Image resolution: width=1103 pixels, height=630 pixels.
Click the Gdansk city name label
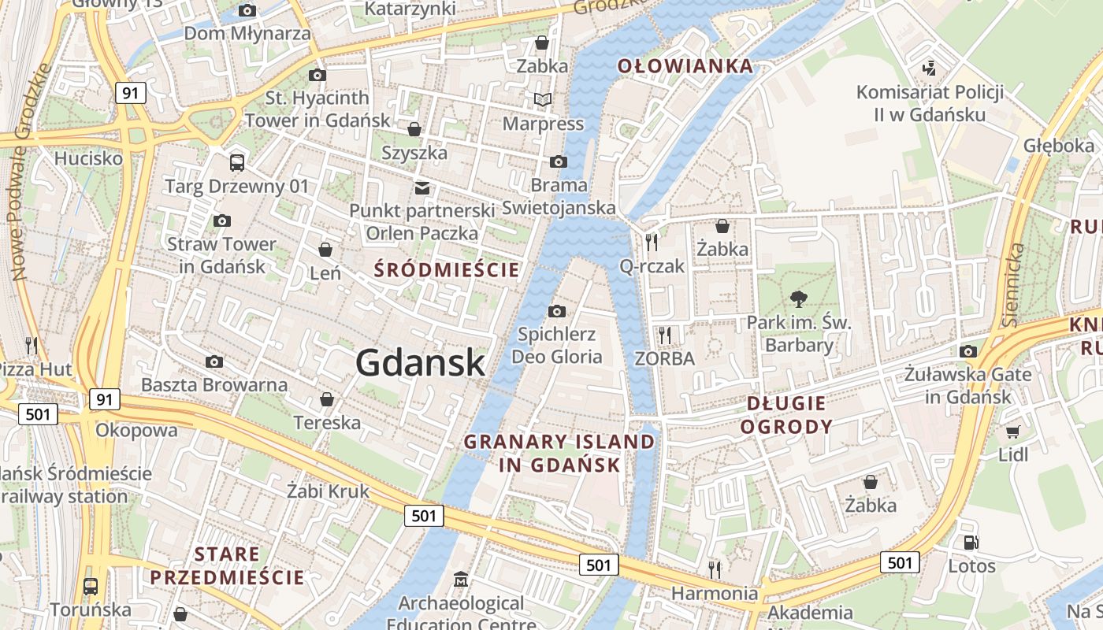click(420, 362)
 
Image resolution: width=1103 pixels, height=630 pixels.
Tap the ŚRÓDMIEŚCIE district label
click(447, 270)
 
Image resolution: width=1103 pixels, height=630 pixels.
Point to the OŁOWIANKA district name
click(685, 66)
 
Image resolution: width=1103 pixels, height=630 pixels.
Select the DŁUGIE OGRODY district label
click(786, 415)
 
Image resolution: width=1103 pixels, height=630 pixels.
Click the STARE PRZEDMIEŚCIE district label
click(227, 565)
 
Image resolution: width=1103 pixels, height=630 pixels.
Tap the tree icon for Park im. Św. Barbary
click(799, 298)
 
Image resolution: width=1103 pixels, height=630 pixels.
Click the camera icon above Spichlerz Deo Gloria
click(557, 311)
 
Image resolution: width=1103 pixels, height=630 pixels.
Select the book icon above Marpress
click(542, 100)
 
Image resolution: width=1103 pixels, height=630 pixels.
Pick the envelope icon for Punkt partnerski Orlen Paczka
click(422, 187)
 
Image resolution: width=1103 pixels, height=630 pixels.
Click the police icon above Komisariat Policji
click(930, 69)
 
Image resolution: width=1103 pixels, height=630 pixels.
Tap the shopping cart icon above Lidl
click(1013, 432)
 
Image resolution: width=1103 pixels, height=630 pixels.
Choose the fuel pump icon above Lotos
click(971, 543)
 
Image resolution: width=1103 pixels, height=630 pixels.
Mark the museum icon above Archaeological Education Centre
click(461, 580)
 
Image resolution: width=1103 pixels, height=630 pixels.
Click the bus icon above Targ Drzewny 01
click(236, 163)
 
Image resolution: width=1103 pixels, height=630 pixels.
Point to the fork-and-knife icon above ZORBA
click(665, 335)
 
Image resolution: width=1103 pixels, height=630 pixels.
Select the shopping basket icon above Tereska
click(327, 399)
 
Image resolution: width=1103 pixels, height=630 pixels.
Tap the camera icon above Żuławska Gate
click(968, 351)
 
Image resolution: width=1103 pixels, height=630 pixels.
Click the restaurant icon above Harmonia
click(715, 569)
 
